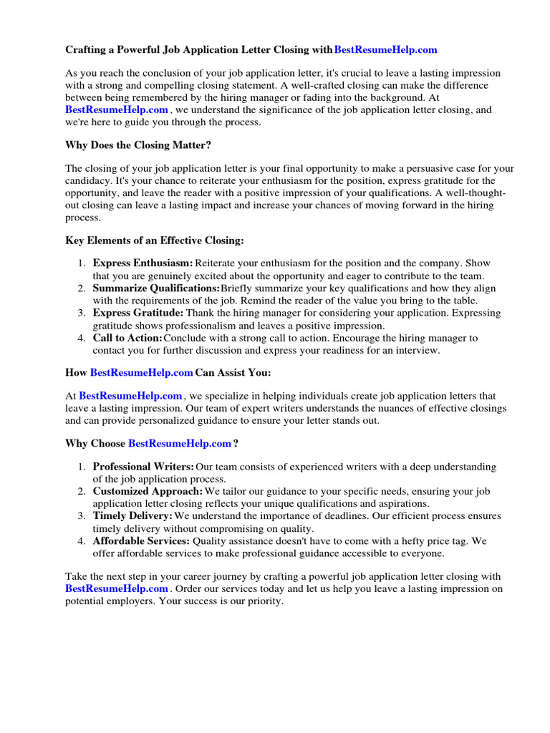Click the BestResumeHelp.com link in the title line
coord(385,50)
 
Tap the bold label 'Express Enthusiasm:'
coord(143,263)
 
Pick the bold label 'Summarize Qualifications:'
coord(156,288)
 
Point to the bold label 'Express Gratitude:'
coord(138,313)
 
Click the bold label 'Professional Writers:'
coord(143,467)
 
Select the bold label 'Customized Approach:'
coord(148,492)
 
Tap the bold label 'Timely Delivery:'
coord(132,516)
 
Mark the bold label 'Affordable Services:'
coord(140,541)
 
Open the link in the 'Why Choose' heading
coord(180,443)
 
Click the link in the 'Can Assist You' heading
coord(142,373)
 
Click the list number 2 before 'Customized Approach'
coord(82,492)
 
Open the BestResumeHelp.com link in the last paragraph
coord(117,589)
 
